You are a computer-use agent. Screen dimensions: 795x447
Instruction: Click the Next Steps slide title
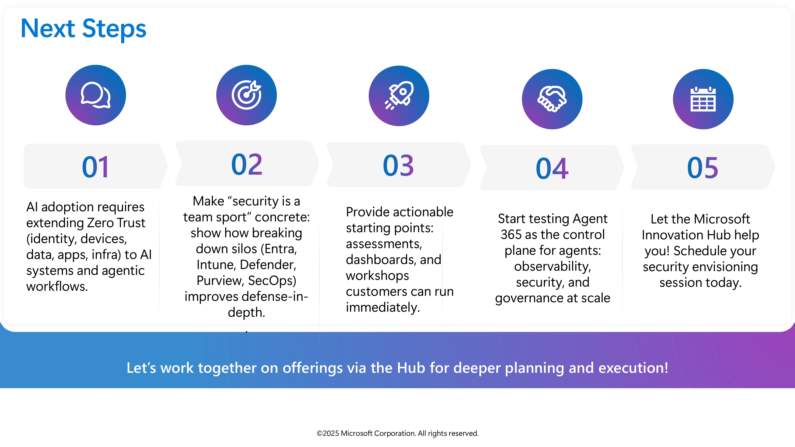[83, 29]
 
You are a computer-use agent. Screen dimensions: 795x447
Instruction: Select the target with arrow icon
[247, 95]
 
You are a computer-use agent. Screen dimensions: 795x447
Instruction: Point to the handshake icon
[552, 99]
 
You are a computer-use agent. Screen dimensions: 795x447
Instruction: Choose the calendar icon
[703, 99]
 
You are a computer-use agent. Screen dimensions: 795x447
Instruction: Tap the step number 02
[247, 164]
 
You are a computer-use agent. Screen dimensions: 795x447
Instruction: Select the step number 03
[398, 166]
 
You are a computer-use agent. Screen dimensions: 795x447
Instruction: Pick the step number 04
[552, 168]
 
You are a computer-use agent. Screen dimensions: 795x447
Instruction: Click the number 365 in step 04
[511, 235]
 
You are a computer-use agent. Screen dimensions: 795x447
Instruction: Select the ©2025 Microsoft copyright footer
[397, 433]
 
